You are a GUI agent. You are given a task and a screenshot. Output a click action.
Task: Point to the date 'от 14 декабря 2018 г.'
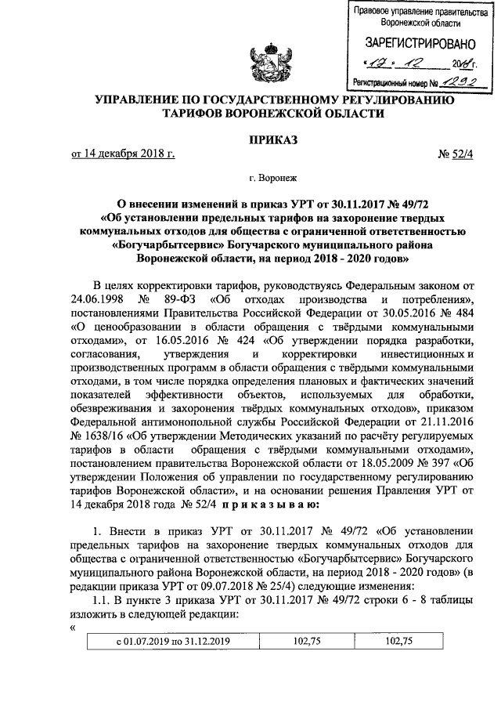coord(123,154)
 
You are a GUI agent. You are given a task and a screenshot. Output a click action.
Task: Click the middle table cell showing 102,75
coord(308,641)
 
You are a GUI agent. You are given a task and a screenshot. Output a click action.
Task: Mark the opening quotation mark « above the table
coord(73,625)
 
